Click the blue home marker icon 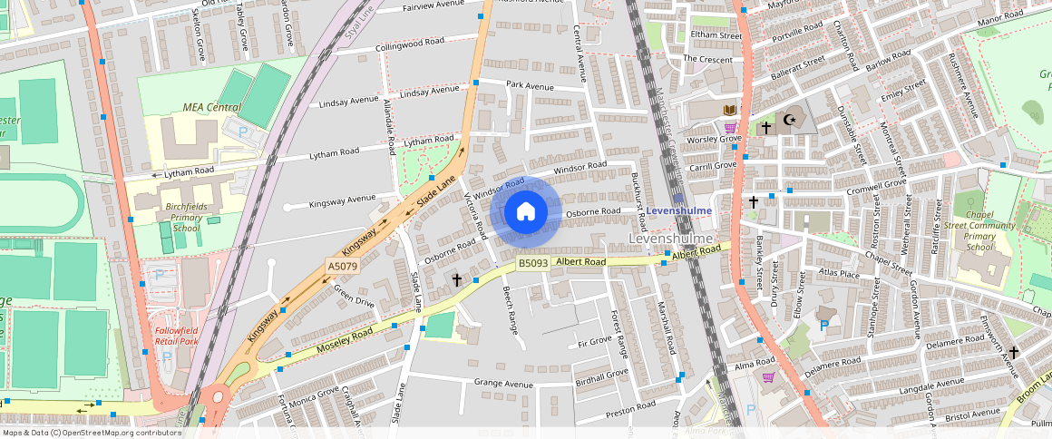point(526,212)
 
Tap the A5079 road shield point(341,267)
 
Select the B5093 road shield point(533,263)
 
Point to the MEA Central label point(211,107)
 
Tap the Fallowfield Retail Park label point(176,337)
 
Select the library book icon point(729,111)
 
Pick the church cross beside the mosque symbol point(766,128)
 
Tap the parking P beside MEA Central point(243,131)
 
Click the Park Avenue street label point(530,86)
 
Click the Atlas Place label point(837,273)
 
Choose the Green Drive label point(354,296)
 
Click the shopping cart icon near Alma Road point(768,377)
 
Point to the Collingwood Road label point(410,43)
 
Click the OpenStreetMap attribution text point(91,433)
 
